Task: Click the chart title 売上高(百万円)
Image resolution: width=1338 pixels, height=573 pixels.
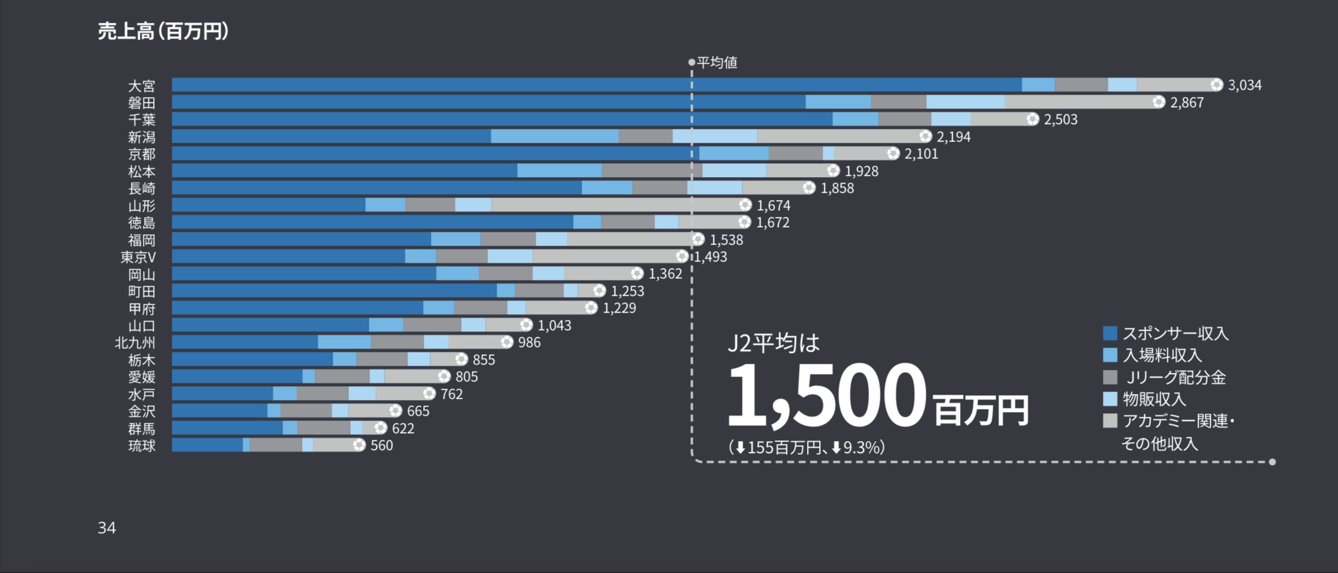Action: tap(163, 31)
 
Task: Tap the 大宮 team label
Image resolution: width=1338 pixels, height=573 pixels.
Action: tap(142, 86)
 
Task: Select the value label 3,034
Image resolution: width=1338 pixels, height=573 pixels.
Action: tap(1245, 86)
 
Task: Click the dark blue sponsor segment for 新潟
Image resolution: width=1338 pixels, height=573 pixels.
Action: tap(331, 137)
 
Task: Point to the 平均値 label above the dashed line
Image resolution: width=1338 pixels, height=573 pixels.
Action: tap(717, 63)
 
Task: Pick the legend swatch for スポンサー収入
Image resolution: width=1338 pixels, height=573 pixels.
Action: tap(1110, 333)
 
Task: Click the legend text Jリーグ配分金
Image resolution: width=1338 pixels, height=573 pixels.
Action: tap(1176, 378)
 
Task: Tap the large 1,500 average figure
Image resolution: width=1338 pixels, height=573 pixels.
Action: tap(826, 395)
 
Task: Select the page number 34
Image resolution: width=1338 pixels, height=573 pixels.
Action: tap(107, 528)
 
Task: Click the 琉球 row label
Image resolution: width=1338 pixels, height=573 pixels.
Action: tap(142, 446)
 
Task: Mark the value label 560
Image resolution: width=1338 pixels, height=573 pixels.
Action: tap(382, 446)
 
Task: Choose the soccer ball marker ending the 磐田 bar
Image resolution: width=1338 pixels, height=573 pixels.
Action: tap(1158, 102)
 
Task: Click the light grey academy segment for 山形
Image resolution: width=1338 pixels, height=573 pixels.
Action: tap(618, 205)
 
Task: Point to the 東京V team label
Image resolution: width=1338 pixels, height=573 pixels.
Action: tap(138, 257)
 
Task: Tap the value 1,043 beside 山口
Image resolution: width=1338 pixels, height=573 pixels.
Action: tap(554, 326)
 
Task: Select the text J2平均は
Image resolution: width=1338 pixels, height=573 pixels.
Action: tap(774, 343)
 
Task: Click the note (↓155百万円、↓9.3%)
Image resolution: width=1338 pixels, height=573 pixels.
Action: tap(806, 448)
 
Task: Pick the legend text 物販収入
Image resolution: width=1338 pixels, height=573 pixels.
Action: tap(1154, 399)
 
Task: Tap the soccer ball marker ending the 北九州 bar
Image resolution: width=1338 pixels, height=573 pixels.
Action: tap(507, 342)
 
